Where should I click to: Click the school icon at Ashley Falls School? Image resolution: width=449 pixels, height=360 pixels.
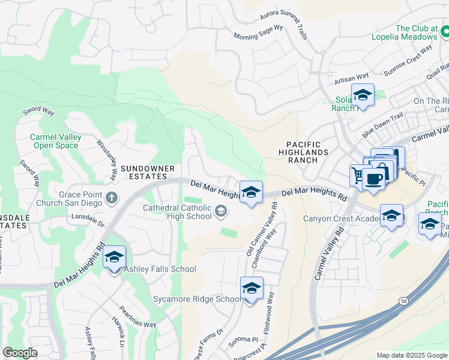(x=114, y=258)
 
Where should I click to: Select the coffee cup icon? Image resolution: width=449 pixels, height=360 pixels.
(x=374, y=179)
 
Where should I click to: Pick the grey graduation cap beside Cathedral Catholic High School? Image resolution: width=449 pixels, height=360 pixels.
(x=221, y=210)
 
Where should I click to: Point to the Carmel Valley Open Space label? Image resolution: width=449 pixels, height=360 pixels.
(x=55, y=141)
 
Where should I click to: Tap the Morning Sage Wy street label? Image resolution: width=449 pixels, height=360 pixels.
(x=258, y=32)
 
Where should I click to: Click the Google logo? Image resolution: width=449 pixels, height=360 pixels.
(x=20, y=353)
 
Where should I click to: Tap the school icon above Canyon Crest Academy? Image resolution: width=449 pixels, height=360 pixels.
(x=391, y=215)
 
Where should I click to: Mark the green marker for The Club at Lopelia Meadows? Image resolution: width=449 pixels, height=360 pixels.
(x=444, y=29)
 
